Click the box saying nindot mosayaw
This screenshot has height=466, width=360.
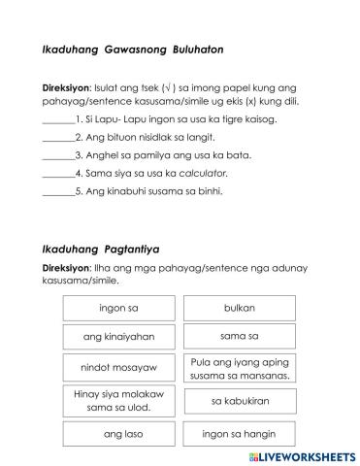click(118, 369)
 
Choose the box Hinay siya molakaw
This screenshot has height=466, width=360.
click(118, 401)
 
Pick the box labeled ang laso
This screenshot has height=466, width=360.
click(118, 435)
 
